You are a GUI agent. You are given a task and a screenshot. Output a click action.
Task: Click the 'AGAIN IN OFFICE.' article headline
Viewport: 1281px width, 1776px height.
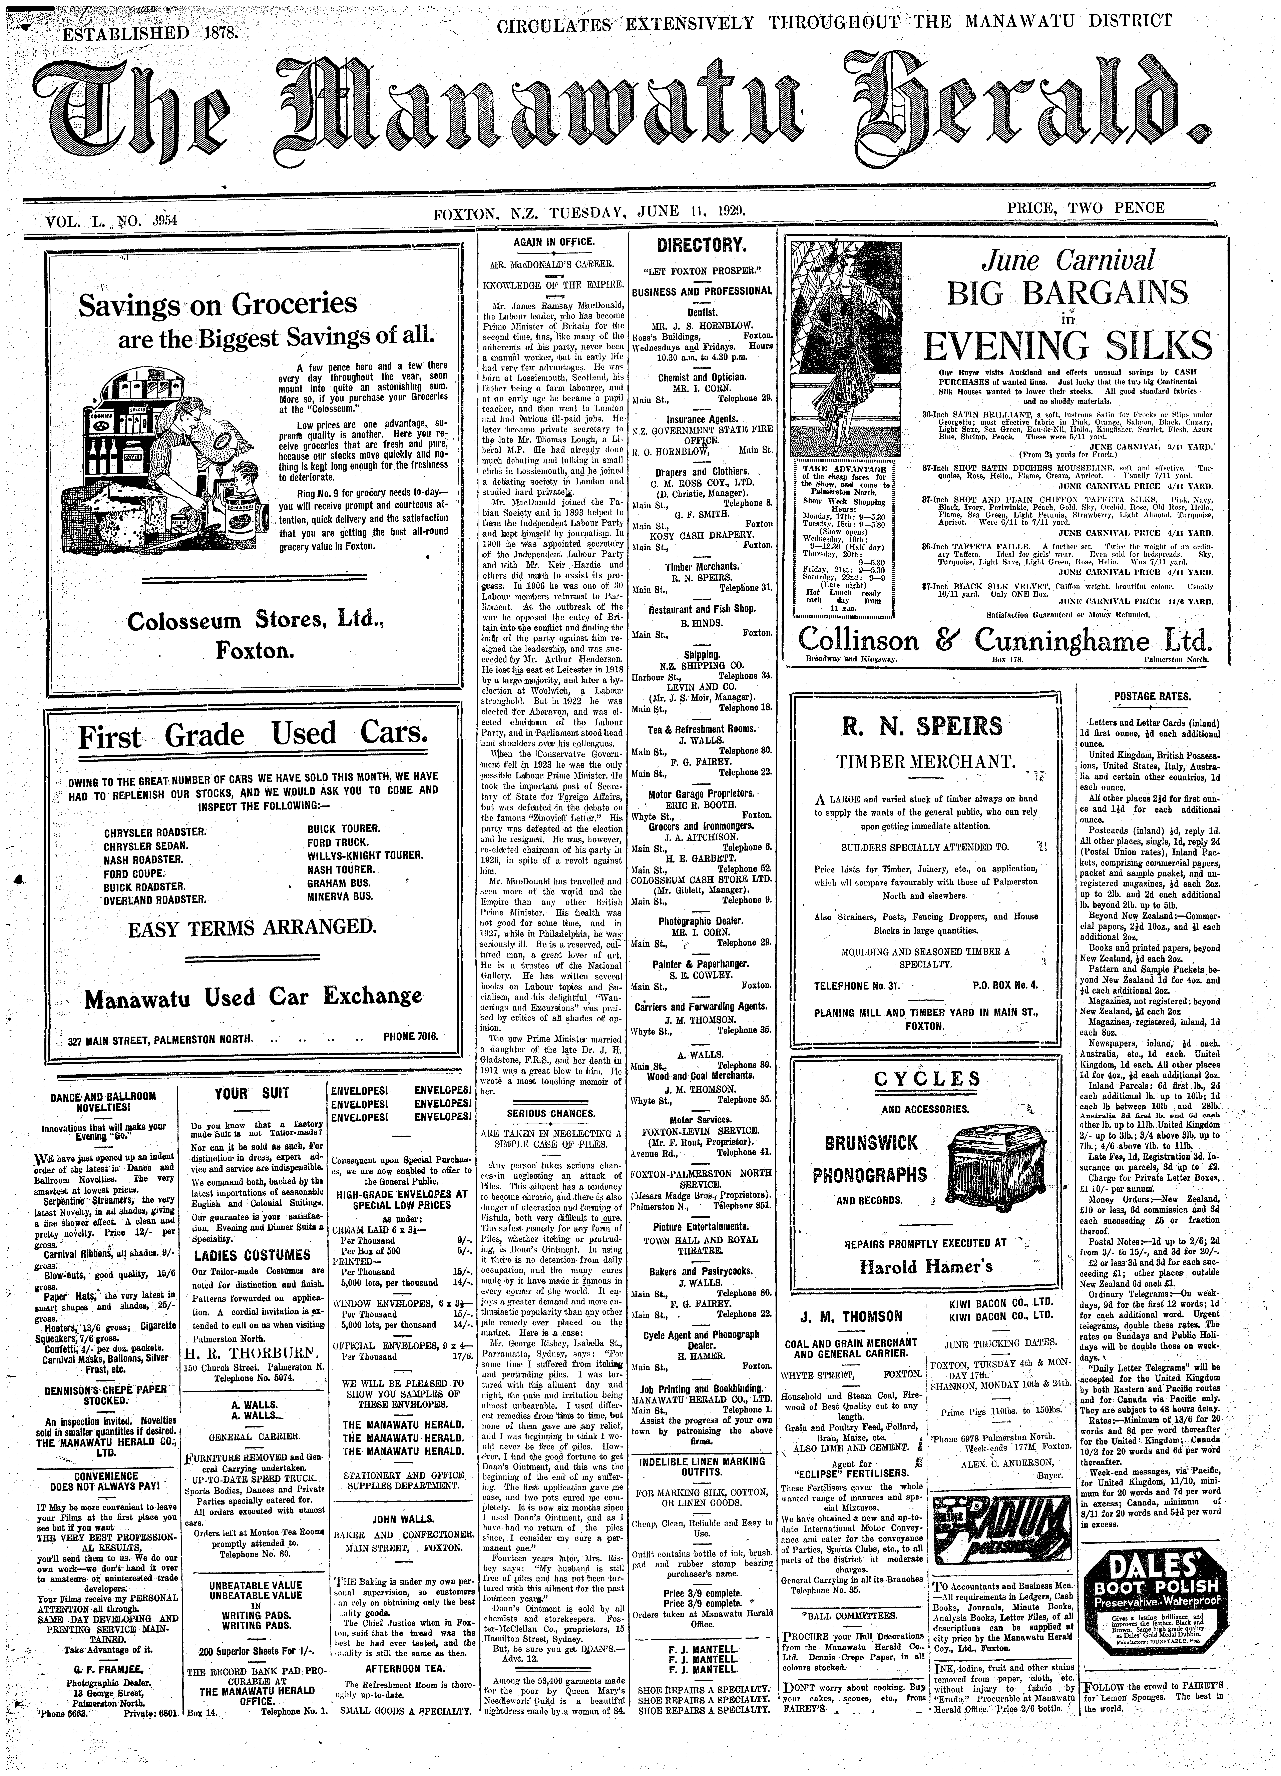(x=554, y=243)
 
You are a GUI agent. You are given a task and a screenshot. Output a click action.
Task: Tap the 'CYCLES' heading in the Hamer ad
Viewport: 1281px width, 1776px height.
(x=926, y=1079)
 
